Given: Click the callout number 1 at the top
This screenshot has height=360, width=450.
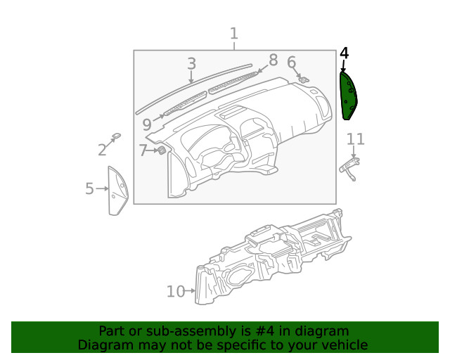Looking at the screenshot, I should [x=234, y=34].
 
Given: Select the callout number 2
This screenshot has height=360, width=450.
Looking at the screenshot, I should [x=102, y=149].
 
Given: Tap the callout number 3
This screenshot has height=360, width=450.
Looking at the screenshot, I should [x=191, y=64].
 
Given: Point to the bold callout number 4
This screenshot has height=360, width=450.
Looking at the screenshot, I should [x=344, y=53].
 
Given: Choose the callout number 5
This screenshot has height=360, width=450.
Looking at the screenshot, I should [x=89, y=188].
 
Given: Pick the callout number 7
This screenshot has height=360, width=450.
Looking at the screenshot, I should [x=143, y=150].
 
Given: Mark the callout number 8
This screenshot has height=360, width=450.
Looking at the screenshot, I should [x=273, y=60].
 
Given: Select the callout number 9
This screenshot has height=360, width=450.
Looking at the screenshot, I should [x=146, y=125].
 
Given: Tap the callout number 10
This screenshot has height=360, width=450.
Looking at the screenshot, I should [x=176, y=291].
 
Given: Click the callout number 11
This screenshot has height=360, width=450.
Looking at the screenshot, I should [x=356, y=139].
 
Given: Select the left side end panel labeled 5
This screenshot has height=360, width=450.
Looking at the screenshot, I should [x=117, y=190].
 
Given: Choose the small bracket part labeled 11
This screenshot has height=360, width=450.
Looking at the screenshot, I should [x=349, y=166].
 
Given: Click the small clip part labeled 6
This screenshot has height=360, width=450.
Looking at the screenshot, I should [x=303, y=79].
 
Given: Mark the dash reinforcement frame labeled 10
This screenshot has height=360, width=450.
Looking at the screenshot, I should [x=274, y=264].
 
